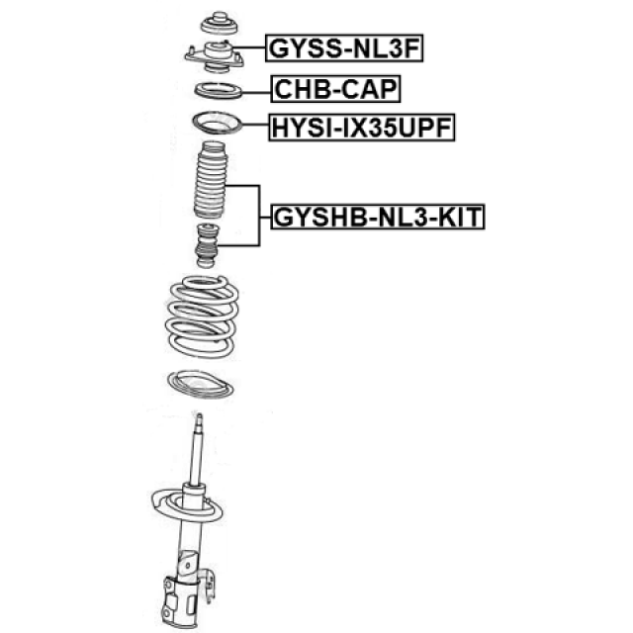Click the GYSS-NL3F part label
click(344, 48)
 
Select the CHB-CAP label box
click(336, 89)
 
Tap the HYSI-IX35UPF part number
click(362, 128)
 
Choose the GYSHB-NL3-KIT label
click(378, 217)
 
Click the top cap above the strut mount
click(220, 24)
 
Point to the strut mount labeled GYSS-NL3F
click(215, 57)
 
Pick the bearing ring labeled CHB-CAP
click(218, 90)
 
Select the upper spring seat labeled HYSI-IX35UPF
click(217, 123)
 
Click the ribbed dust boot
click(211, 179)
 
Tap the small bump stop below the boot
click(207, 245)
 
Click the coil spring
click(202, 316)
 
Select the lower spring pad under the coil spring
click(201, 384)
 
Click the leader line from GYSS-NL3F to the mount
click(248, 48)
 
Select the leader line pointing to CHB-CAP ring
click(256, 93)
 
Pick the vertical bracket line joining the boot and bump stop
click(259, 216)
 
